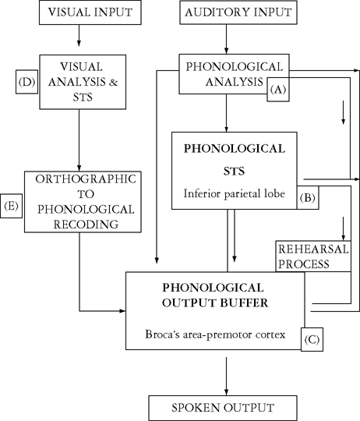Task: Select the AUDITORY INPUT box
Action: point(226,12)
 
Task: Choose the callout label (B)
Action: point(308,198)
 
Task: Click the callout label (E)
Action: point(12,206)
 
